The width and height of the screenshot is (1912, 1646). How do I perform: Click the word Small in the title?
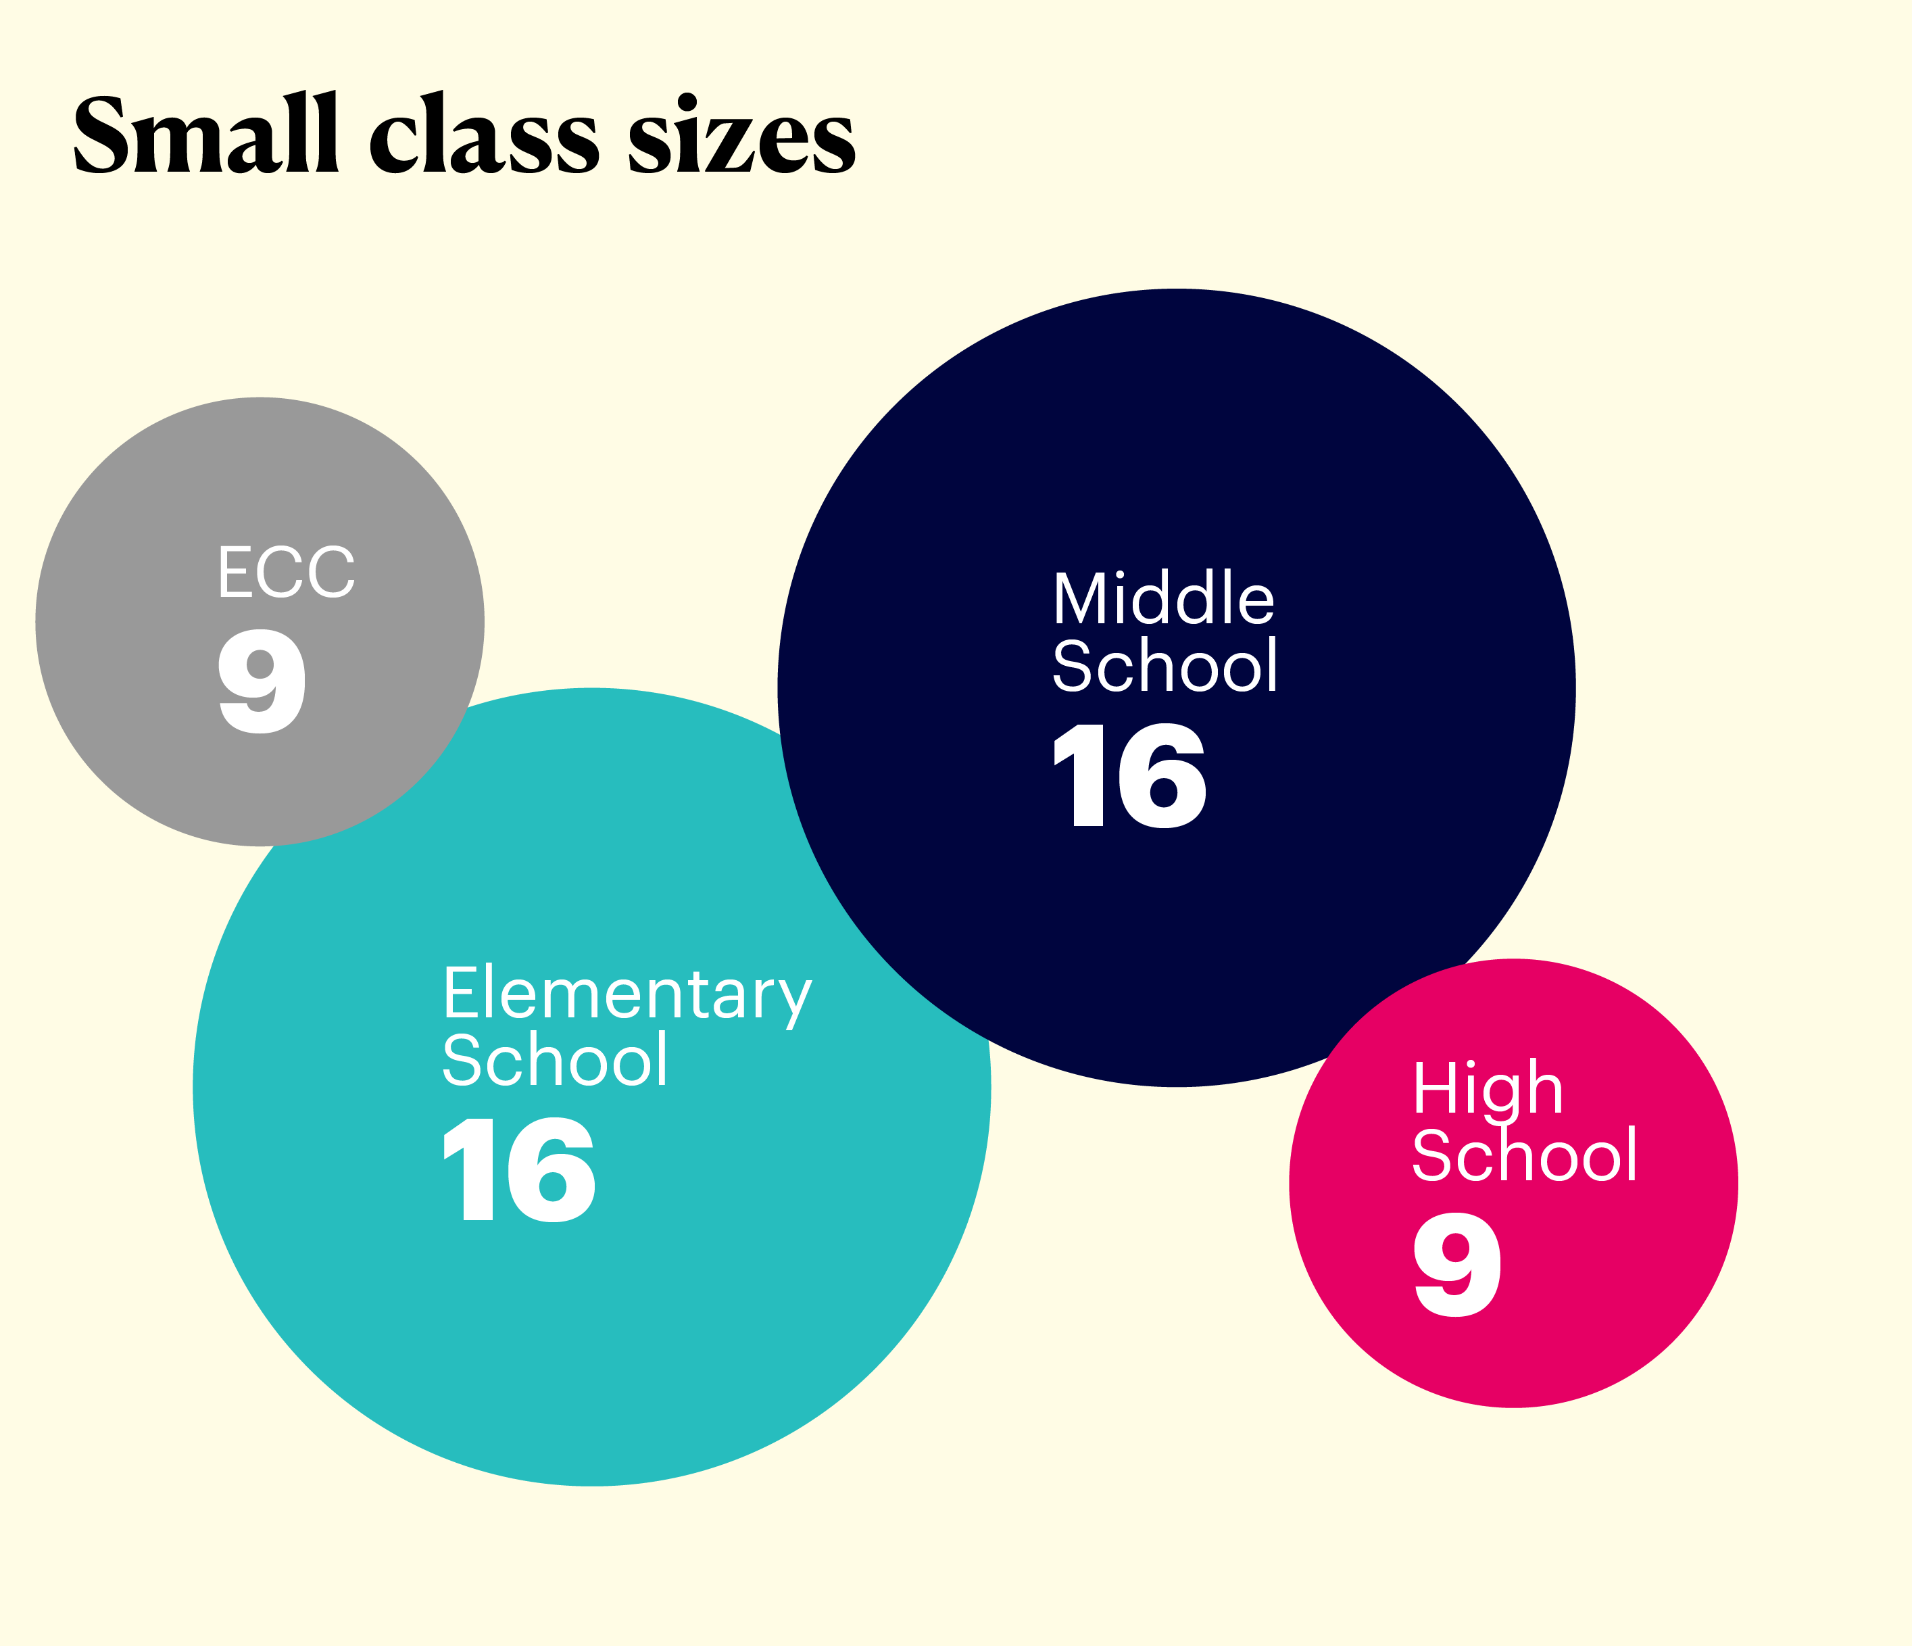[205, 134]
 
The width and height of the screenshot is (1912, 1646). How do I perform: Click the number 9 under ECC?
[261, 681]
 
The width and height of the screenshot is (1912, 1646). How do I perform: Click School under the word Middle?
[1165, 666]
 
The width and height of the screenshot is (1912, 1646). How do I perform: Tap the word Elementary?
[627, 994]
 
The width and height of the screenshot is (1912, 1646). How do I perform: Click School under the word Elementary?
[555, 1061]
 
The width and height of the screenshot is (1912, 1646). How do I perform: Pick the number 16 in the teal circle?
[520, 1169]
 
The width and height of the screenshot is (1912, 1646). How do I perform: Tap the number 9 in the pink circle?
[1457, 1265]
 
